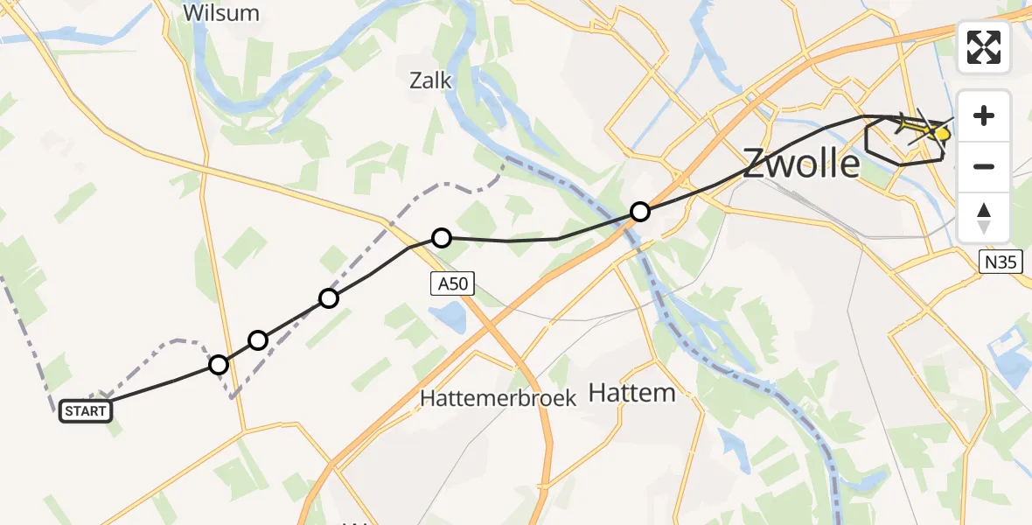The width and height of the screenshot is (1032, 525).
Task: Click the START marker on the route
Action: pos(85,411)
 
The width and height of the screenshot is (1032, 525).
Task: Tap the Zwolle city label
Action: pos(801,164)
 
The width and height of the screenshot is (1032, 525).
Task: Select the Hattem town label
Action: pos(631,393)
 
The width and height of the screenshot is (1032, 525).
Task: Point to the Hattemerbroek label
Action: pos(498,397)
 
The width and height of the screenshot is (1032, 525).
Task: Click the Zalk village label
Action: pos(430,81)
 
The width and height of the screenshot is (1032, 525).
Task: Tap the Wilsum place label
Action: pos(222,13)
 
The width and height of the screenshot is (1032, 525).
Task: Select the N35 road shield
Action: pos(1001,260)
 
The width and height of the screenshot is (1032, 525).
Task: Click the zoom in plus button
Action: pos(984,116)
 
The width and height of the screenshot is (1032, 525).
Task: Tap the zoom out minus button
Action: pos(984,166)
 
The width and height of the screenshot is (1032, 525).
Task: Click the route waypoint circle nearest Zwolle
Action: pos(640,212)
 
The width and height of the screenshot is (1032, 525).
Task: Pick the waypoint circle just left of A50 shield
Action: pos(442,238)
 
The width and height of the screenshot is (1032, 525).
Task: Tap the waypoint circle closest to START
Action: pos(219,364)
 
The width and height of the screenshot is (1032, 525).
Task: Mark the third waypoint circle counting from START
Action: pos(328,298)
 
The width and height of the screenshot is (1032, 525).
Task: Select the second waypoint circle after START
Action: pos(257,339)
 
